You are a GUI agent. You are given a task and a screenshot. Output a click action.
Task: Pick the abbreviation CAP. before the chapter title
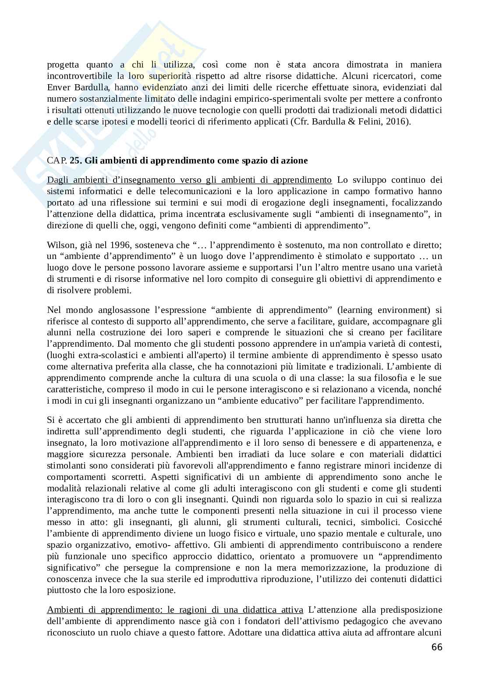tap(57, 160)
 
